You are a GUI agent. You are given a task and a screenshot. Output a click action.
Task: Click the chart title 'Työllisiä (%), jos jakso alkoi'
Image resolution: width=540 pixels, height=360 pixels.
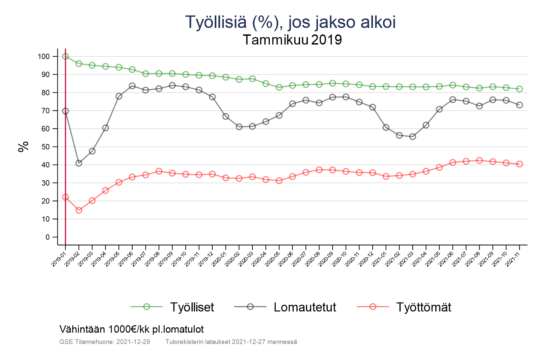290,22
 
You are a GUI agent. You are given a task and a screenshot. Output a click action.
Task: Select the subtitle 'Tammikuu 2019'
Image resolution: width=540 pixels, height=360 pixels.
292,40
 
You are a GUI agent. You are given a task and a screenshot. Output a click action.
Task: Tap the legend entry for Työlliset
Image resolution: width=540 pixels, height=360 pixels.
192,307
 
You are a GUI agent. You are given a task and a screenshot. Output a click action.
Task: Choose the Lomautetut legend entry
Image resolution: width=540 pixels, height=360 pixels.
305,307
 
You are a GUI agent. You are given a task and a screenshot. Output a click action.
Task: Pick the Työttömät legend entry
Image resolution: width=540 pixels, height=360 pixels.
423,307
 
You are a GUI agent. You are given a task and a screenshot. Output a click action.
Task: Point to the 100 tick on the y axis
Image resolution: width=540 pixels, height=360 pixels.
44,56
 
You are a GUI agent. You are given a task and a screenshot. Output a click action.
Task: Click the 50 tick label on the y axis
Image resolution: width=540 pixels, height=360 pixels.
45,147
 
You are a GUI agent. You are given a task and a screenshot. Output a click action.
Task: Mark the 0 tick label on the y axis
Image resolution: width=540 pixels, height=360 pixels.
47,237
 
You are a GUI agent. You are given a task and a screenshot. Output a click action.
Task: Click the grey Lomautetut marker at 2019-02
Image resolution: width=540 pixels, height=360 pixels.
79,163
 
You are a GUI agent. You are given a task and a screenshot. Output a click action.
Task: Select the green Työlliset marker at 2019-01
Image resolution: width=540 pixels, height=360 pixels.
65,56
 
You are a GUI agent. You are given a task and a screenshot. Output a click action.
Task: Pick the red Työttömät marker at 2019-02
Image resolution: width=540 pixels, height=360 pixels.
79,210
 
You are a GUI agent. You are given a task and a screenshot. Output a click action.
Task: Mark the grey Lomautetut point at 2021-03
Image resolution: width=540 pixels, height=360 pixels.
412,137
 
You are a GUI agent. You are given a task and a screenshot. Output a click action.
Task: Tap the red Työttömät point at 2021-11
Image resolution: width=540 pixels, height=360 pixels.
519,164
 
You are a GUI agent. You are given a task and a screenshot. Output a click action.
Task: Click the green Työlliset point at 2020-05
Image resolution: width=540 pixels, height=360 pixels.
279,87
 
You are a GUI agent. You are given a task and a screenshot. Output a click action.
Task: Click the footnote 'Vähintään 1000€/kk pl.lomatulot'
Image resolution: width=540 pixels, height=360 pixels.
132,329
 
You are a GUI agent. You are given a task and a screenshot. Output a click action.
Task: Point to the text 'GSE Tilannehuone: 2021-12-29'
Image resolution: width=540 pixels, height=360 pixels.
105,342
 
